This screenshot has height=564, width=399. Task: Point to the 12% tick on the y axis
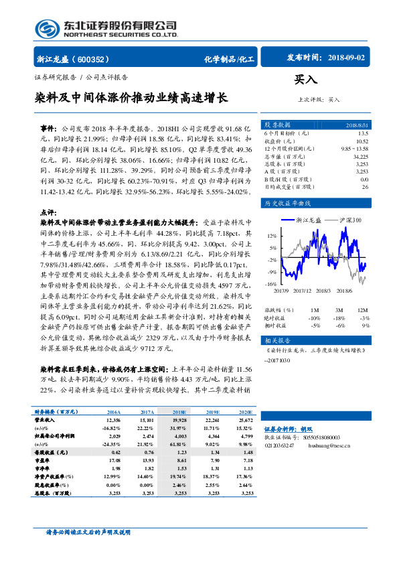(x=271, y=236)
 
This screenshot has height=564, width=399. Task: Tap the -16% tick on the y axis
(x=270, y=284)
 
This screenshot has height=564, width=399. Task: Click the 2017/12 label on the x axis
(x=303, y=291)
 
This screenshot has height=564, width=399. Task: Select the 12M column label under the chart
(x=362, y=310)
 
